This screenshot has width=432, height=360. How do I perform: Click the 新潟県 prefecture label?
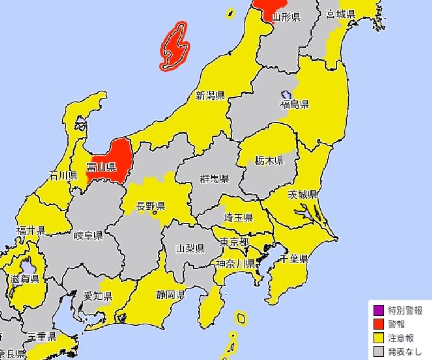point(210,97)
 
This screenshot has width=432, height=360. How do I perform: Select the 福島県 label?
point(294,104)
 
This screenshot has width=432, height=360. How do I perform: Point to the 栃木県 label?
point(269,161)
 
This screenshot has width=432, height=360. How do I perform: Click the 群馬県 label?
point(214,179)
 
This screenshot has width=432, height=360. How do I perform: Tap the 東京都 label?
point(234,243)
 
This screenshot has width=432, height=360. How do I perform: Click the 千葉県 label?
point(294,258)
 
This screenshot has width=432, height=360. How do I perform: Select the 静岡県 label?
point(172,295)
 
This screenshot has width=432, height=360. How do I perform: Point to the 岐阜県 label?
point(89,236)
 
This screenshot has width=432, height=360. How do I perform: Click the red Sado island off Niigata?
point(173,47)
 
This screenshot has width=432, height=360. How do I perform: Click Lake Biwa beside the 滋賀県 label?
point(26,268)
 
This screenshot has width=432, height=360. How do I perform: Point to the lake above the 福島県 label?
point(287,94)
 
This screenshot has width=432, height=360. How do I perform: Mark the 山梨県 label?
point(190,249)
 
